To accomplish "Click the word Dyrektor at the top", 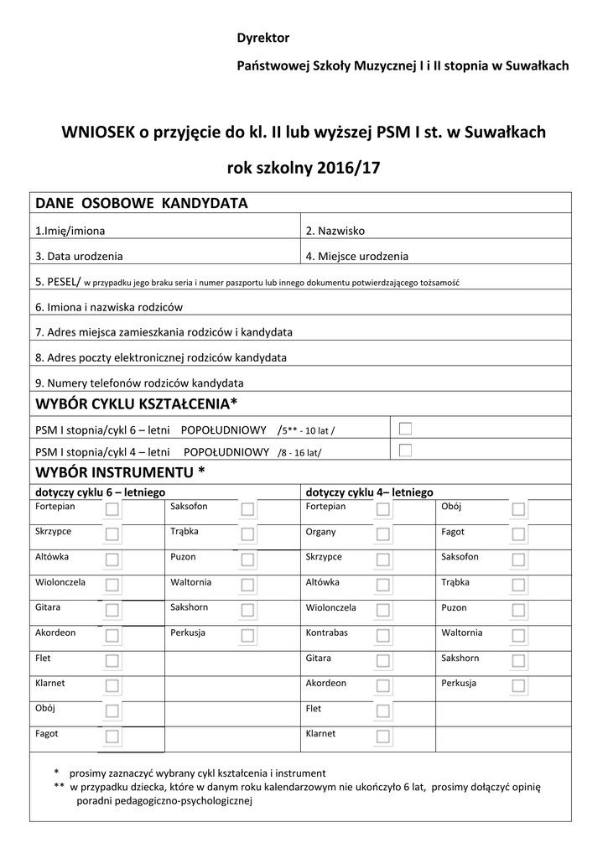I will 262,39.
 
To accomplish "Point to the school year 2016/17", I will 349,167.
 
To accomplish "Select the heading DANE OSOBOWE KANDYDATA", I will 141,204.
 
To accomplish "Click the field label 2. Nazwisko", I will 335,231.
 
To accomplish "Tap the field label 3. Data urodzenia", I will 79,257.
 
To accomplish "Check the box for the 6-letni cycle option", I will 406,429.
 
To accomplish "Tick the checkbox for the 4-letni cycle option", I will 406,450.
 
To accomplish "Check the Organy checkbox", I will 383,534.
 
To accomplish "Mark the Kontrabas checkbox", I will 383,635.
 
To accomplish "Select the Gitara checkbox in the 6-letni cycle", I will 112,610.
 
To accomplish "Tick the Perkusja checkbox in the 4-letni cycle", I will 519,685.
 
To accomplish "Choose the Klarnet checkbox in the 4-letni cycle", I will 383,736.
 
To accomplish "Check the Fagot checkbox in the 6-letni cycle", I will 112,736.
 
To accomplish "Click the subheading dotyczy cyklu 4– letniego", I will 369,492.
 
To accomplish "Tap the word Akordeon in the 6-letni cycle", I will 56,633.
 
